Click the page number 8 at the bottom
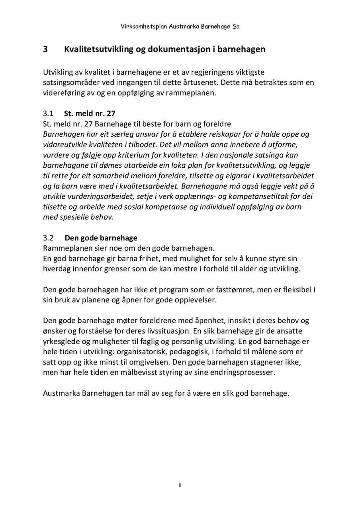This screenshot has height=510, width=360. point(180,485)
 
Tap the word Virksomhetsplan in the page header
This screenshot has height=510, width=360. point(144,27)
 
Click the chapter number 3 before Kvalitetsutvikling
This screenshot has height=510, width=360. point(45,49)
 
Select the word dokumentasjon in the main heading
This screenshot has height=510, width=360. point(181,49)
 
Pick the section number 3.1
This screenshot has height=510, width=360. point(48,114)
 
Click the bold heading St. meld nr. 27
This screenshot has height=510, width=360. point(90,114)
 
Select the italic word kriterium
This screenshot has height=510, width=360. point(138,155)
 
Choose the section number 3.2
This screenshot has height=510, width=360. point(48,238)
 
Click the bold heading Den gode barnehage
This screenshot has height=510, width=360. point(101,238)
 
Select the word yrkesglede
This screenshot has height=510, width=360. point(63,341)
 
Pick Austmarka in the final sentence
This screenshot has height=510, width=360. point(61,393)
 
